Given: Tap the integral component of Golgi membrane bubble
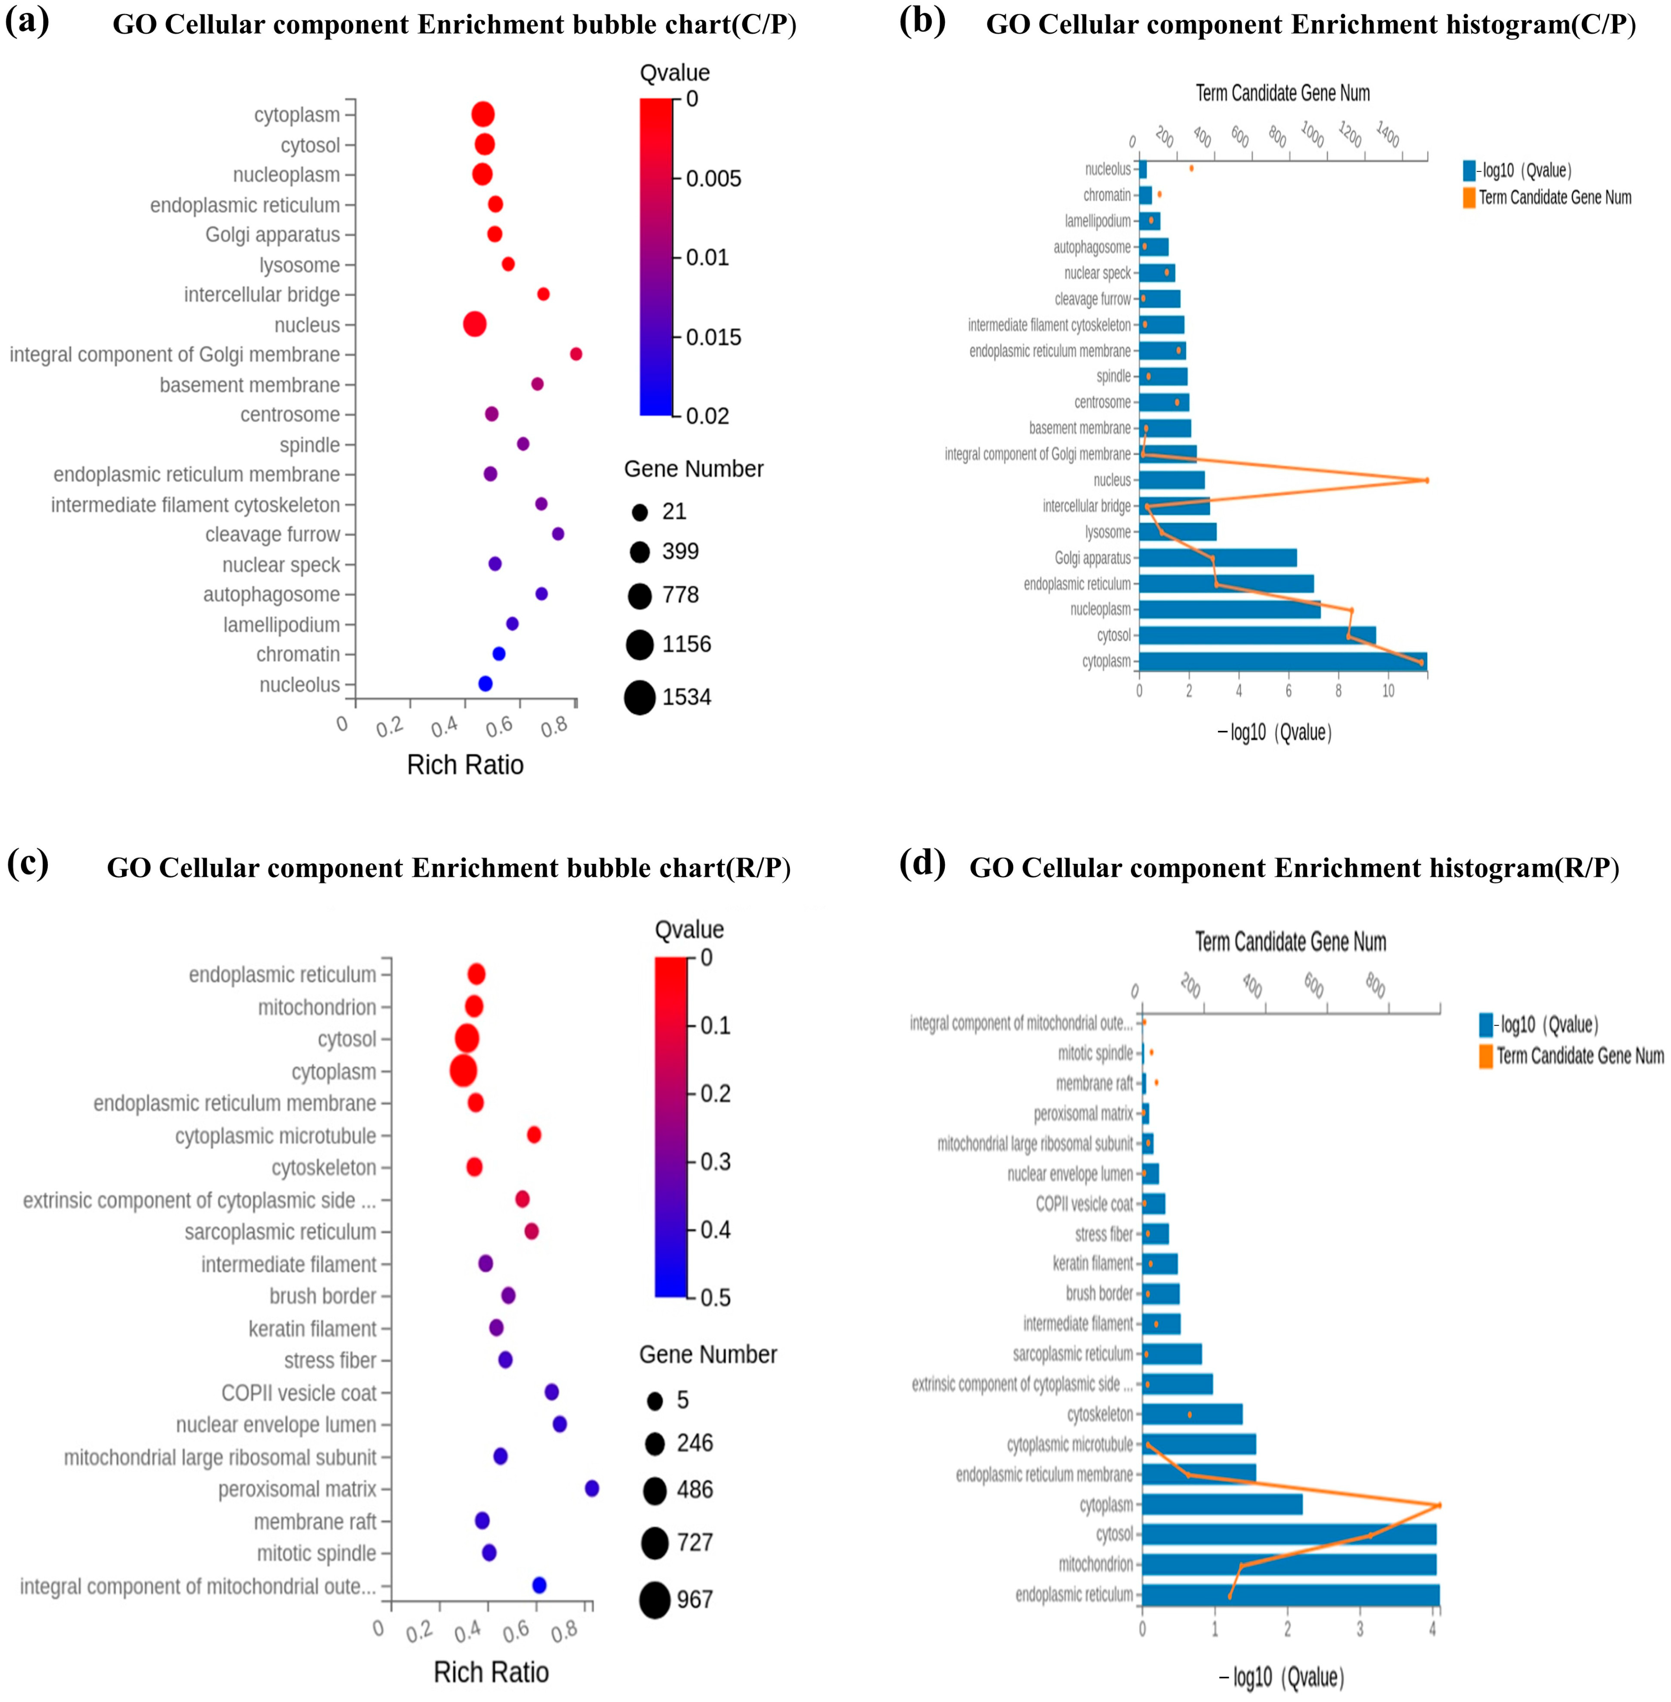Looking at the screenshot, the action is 576,353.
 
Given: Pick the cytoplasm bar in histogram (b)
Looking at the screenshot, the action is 1282,661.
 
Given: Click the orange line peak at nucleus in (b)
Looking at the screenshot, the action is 1426,480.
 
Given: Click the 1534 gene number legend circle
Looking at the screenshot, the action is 640,697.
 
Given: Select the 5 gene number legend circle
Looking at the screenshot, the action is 655,1400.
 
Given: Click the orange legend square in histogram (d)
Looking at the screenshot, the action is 1486,1056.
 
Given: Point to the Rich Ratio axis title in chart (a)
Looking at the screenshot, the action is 465,765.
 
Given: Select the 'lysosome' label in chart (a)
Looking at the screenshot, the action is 299,265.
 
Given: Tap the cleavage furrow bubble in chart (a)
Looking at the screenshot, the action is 557,533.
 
